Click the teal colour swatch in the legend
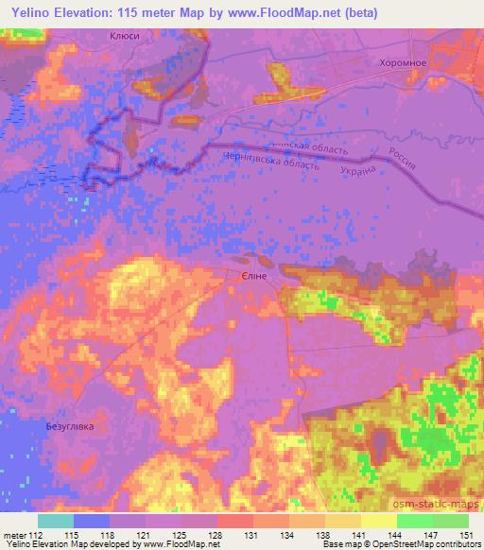tap(56, 521)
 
